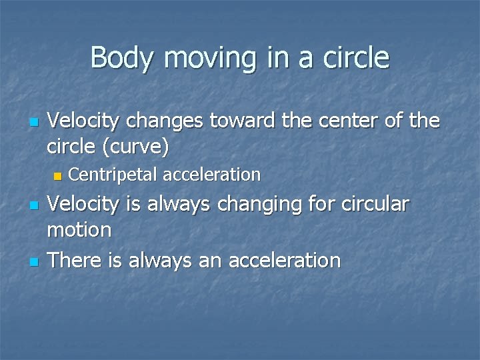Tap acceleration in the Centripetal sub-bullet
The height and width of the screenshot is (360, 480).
(x=211, y=175)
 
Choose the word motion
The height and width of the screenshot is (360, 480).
(x=79, y=230)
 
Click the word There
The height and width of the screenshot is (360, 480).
(x=79, y=260)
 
